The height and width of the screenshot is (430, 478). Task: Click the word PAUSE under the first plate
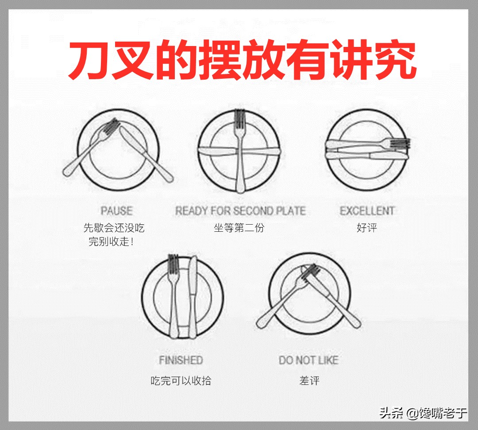pos(116,211)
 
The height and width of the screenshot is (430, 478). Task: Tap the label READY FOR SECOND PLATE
pos(240,211)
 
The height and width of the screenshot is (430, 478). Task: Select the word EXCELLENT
pos(367,211)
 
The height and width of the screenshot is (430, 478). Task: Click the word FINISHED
pos(181,360)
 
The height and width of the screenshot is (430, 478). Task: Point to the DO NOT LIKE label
pos(308,360)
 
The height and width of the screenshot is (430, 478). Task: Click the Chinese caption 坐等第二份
pos(239,228)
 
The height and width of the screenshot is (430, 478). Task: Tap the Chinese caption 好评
pos(367,228)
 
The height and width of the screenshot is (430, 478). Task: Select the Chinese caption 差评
pos(309,380)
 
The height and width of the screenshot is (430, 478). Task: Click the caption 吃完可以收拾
pos(181,380)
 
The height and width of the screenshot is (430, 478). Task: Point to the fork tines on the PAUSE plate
pos(112,127)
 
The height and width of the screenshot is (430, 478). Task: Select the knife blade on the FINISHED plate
pos(193,279)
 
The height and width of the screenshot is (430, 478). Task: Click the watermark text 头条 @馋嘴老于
pos(423,414)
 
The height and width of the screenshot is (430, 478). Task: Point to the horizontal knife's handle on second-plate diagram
pos(266,150)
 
